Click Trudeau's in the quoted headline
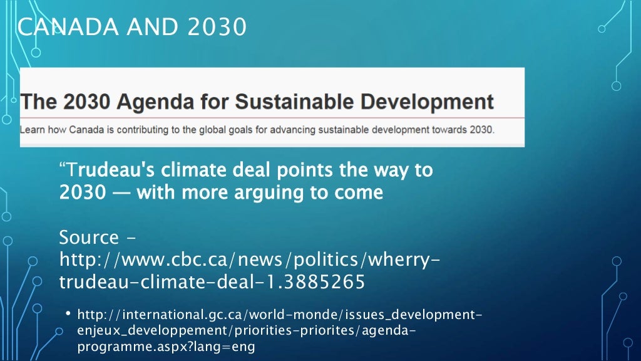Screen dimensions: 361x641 pos(115,170)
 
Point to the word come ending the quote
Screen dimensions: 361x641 pos(358,192)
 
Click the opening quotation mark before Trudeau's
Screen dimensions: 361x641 pos(63,168)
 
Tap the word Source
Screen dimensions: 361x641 pos(89,238)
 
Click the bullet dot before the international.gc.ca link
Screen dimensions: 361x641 pos(68,312)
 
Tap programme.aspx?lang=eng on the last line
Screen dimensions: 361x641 pos(167,347)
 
